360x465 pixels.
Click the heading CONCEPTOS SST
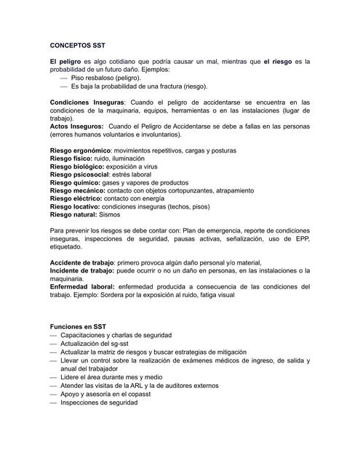point(79,44)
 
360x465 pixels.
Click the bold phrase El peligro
point(65,62)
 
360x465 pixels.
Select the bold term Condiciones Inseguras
point(87,102)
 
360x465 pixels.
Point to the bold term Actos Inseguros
point(76,126)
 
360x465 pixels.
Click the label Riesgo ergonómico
point(80,150)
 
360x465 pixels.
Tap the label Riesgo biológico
point(76,166)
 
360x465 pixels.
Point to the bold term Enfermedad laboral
point(82,286)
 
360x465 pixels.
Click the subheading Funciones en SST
point(81,327)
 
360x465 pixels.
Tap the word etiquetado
point(68,246)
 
